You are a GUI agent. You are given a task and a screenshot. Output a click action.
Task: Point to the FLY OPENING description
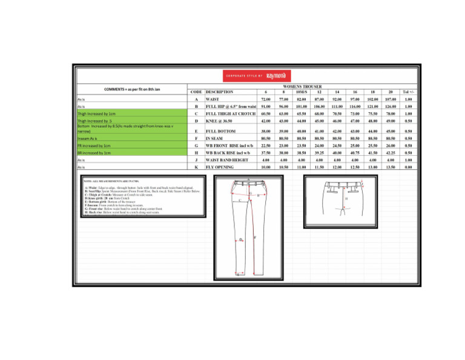click(220, 166)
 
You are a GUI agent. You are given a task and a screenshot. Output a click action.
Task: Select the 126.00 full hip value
click(391, 107)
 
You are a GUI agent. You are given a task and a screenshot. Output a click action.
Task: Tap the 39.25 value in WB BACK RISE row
click(318, 153)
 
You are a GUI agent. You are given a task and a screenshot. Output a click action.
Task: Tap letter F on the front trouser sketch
click(255, 237)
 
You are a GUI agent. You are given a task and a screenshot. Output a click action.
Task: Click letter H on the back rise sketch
click(346, 198)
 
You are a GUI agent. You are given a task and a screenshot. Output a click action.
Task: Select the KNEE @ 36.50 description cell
click(220, 121)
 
